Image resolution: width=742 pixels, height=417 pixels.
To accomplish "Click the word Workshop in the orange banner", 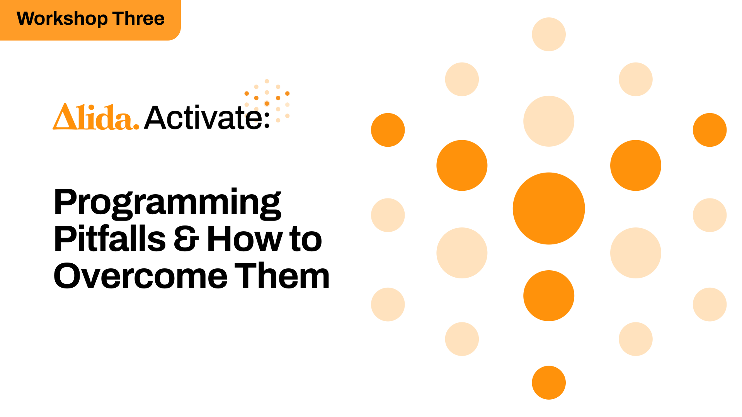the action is [x=62, y=19].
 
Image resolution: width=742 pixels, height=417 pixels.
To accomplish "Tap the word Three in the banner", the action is [x=139, y=19].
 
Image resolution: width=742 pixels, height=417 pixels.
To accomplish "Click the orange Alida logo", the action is [x=96, y=117].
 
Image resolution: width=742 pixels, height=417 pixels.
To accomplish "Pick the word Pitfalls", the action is [x=110, y=239].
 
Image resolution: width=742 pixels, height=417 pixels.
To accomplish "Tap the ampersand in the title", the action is [x=186, y=239].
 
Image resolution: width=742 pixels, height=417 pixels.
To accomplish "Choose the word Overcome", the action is [x=141, y=276].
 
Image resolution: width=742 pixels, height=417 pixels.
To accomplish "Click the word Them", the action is [x=282, y=276].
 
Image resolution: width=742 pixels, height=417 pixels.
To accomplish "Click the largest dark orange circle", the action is [x=549, y=208].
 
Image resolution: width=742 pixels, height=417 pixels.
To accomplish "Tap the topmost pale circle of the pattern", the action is [x=549, y=34].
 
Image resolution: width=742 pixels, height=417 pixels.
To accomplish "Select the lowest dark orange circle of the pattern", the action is [x=549, y=383].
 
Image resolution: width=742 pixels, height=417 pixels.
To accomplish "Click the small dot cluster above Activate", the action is [x=267, y=100].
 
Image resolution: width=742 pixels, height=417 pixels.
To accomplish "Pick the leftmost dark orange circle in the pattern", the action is [x=388, y=130].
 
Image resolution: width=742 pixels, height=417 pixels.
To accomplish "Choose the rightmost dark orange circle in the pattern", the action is [x=710, y=130].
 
